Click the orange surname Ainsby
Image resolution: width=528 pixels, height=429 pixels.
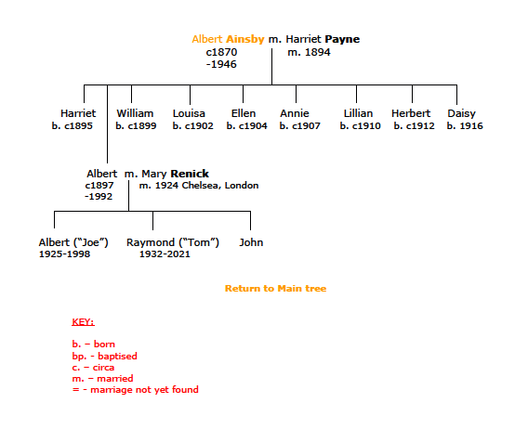[x=245, y=39]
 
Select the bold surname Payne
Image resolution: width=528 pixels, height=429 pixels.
[x=342, y=39]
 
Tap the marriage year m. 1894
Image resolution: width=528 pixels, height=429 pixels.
[x=309, y=52]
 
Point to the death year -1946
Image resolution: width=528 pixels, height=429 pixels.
[x=221, y=64]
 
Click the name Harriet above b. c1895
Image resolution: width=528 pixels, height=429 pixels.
[x=78, y=113]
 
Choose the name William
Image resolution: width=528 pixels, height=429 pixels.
[x=135, y=113]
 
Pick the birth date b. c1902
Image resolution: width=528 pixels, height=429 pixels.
[x=193, y=126]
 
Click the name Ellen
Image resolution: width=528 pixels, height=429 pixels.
[x=244, y=113]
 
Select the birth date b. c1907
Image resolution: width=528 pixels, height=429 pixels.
[x=299, y=126]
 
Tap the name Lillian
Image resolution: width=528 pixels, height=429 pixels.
[x=358, y=113]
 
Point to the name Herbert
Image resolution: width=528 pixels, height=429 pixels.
[x=411, y=113]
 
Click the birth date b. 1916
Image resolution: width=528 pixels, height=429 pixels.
[x=465, y=126]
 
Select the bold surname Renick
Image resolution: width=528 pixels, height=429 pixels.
[x=190, y=174]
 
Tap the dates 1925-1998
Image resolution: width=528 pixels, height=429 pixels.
[x=65, y=254]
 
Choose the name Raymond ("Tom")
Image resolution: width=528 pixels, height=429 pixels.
[x=173, y=242]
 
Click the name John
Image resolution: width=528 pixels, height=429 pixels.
[x=251, y=242]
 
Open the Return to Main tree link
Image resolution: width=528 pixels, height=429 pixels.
[x=275, y=289]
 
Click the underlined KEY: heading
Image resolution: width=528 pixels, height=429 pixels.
[x=83, y=322]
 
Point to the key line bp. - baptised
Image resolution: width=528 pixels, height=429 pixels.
[x=104, y=356]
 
